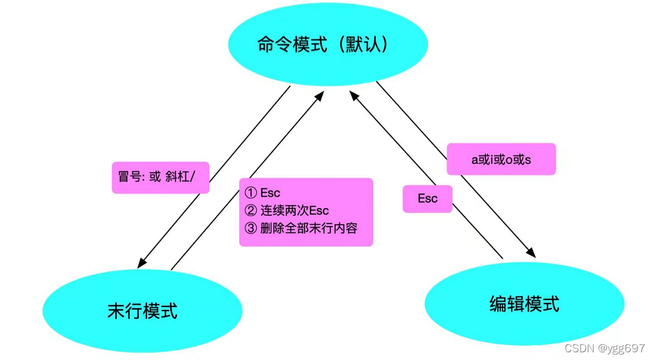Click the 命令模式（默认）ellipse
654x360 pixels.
tap(327, 45)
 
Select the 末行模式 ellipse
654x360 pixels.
tap(142, 311)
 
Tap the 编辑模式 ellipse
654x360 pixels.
tap(524, 304)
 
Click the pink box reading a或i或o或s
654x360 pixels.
tap(501, 159)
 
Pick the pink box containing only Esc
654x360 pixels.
tap(427, 198)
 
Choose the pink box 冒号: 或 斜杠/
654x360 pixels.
tap(160, 178)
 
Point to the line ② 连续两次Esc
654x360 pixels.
tap(287, 210)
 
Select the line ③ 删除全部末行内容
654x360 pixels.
tap(301, 228)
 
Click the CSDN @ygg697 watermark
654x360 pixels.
tap(605, 348)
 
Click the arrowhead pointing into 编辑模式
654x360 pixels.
tap(531, 253)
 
